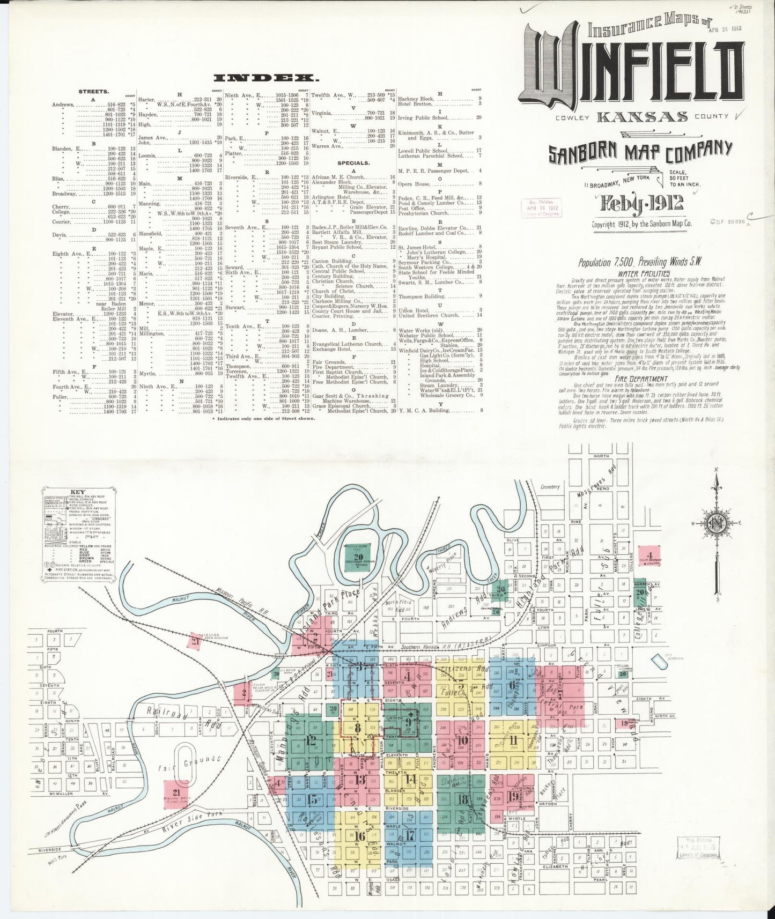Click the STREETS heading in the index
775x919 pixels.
[94, 92]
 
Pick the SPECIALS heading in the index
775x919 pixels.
[353, 162]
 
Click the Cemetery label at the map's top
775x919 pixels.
[550, 487]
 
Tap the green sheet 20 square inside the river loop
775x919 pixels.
[358, 557]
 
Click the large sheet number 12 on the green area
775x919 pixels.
[311, 741]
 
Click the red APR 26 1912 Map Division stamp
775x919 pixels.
[542, 207]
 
